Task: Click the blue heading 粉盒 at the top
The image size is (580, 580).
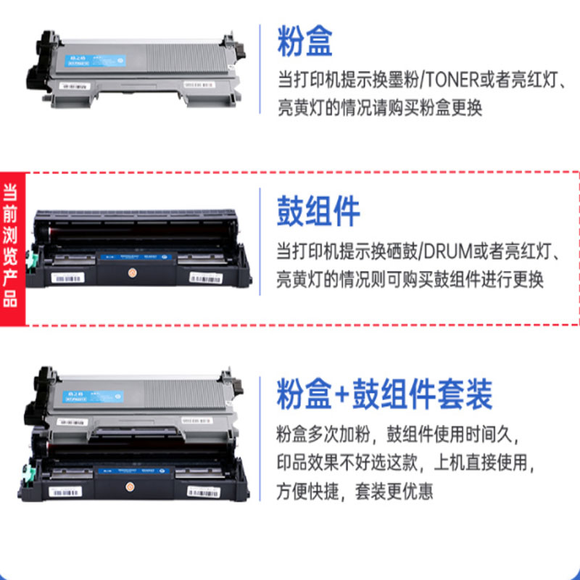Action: (304, 41)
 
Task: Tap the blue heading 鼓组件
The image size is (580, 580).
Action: (318, 211)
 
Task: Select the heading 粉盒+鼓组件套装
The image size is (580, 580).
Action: (384, 394)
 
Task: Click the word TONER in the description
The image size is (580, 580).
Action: (457, 79)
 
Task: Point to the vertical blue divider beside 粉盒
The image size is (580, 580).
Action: (260, 69)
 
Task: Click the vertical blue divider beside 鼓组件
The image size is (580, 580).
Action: (260, 240)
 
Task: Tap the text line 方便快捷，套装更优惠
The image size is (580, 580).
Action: (355, 492)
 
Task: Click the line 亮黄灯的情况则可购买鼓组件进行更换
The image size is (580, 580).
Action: (410, 280)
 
